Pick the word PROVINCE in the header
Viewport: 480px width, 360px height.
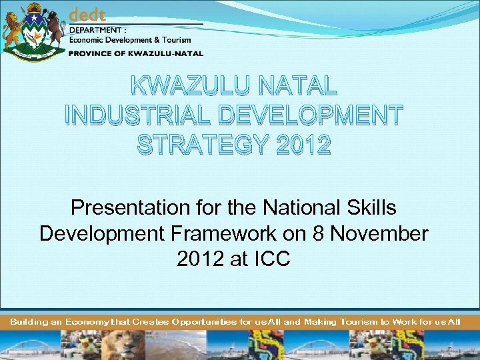(92, 53)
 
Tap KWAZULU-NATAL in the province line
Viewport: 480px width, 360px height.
(165, 53)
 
